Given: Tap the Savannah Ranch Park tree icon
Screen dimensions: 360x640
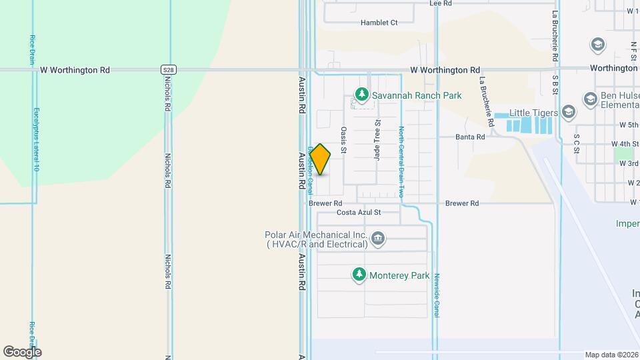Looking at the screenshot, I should point(362,95).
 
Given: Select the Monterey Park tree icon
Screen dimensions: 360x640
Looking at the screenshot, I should point(359,275).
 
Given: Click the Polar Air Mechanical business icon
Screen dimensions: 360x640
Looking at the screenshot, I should point(378,239).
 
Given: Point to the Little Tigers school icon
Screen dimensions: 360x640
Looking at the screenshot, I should point(568,112).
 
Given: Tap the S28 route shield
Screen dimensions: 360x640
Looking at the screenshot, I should point(169,69).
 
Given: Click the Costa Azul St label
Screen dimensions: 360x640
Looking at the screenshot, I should point(358,213).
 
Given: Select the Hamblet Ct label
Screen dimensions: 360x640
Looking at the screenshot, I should point(379,23).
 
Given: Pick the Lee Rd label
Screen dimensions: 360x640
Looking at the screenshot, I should point(441,3).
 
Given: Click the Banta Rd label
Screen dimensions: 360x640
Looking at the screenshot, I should point(469,137).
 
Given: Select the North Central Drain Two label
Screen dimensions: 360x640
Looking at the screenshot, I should point(401,162).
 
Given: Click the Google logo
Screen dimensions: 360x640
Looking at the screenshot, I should point(22,351).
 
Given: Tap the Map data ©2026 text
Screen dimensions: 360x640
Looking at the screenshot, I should point(611,355).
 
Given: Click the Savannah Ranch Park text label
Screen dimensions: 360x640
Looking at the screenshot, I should point(417,95).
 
